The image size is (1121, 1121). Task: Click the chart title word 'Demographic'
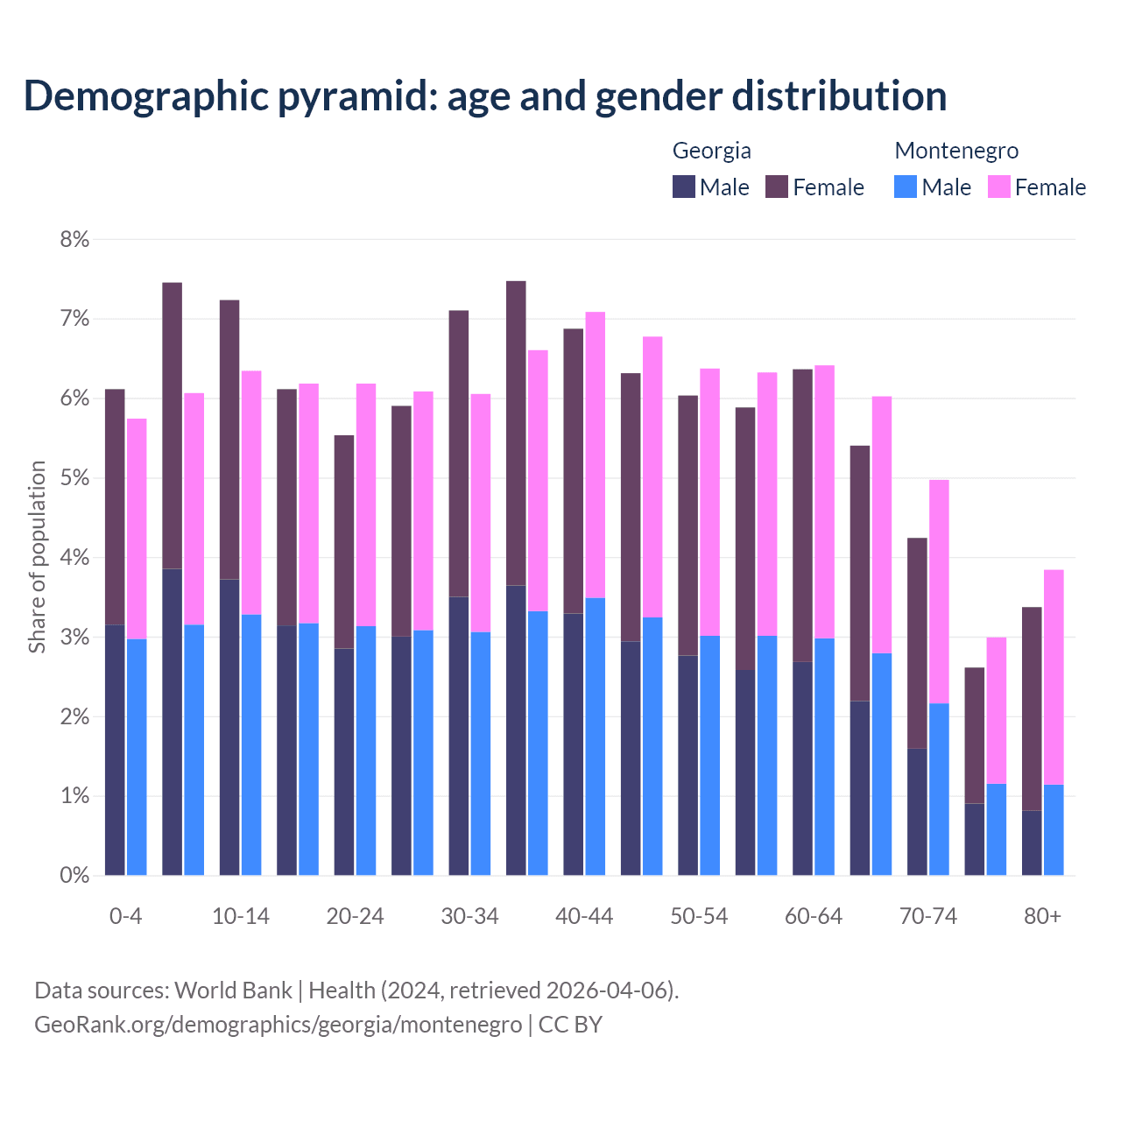tap(145, 95)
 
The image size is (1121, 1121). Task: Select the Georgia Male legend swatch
tap(684, 187)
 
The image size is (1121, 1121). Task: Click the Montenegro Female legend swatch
tap(998, 187)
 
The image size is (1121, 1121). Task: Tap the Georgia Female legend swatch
tap(777, 187)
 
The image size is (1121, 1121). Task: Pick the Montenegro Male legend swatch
tap(906, 187)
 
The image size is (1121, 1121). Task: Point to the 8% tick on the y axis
tap(74, 239)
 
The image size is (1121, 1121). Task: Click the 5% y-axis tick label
tap(74, 478)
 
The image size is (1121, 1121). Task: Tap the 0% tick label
tap(74, 875)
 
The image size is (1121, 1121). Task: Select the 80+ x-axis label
tap(1042, 916)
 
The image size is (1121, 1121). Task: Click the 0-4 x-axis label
tap(126, 916)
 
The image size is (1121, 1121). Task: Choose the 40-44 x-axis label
tap(584, 916)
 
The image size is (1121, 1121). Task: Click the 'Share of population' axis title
tap(37, 557)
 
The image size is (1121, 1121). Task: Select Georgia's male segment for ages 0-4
tap(115, 750)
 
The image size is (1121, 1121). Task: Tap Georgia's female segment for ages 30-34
tap(459, 454)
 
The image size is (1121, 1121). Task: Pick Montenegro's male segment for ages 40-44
tap(596, 737)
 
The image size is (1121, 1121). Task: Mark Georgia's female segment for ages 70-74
tap(917, 643)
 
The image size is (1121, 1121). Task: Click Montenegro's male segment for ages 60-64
tap(824, 757)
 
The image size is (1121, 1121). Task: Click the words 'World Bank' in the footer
tap(233, 991)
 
